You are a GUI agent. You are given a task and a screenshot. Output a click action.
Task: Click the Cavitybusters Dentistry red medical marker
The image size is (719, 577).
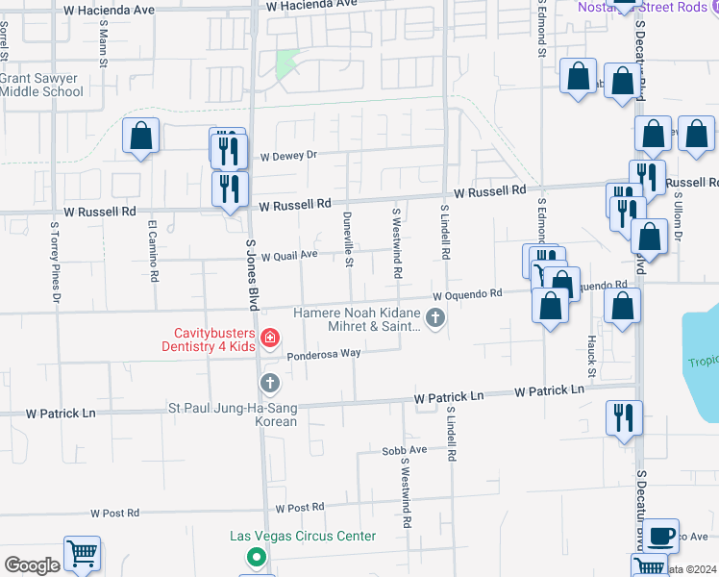[269, 337]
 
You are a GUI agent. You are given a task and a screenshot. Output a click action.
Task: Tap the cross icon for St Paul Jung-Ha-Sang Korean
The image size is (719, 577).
[270, 383]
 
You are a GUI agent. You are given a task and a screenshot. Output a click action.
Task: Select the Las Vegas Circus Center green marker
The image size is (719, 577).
[256, 556]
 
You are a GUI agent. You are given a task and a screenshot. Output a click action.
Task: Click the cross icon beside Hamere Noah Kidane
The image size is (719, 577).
[435, 317]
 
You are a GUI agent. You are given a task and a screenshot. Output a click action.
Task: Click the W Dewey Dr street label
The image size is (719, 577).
[288, 155]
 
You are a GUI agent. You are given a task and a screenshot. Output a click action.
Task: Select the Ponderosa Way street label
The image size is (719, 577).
[323, 353]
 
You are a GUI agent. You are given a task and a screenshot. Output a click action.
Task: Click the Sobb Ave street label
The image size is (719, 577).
[404, 450]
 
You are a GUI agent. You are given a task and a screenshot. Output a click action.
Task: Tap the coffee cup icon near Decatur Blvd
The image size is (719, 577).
[660, 535]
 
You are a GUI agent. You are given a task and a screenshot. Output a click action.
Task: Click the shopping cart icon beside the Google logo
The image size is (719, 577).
[82, 554]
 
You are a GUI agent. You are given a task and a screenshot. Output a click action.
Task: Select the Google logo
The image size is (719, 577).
[31, 565]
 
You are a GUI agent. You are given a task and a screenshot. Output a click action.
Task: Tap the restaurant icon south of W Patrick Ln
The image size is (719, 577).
[624, 418]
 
